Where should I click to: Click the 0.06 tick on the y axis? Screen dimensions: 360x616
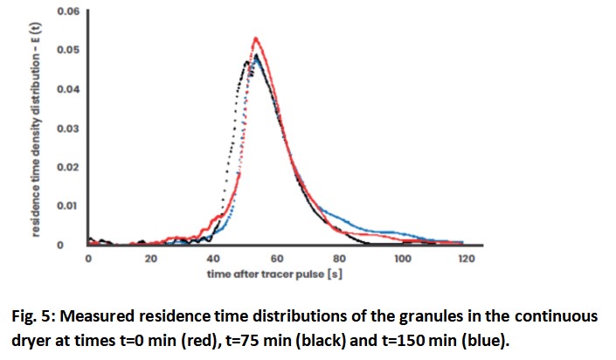67,12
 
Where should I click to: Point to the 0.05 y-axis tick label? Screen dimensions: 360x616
67,51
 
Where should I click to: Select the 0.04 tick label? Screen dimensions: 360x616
67,90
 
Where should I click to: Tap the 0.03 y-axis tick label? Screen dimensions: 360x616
67,128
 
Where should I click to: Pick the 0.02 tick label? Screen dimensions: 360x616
67,167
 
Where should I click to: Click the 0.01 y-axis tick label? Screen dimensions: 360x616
67,206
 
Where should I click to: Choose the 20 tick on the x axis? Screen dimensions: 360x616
151,259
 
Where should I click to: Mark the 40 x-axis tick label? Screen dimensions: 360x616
213,259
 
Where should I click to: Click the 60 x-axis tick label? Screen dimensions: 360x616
276,259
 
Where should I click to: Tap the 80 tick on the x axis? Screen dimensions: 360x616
339,259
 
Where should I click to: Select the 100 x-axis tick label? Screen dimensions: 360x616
402,259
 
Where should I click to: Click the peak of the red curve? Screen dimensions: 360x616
256,38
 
